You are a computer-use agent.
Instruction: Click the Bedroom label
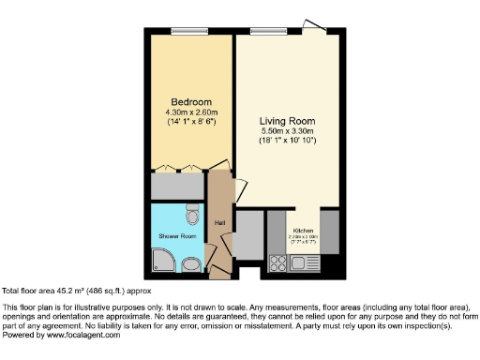click(191, 101)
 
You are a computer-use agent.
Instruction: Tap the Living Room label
click(287, 121)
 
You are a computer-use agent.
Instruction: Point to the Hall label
click(219, 222)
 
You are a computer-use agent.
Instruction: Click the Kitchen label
click(304, 230)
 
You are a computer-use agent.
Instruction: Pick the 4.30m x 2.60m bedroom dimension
click(191, 112)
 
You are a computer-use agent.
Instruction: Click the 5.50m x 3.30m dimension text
click(287, 131)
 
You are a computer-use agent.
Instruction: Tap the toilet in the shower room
click(193, 217)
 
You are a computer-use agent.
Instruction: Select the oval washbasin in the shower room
click(190, 263)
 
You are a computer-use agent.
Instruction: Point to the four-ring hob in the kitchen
click(277, 262)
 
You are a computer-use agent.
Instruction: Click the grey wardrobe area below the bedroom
click(178, 185)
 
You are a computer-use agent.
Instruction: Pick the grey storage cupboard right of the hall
click(248, 235)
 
